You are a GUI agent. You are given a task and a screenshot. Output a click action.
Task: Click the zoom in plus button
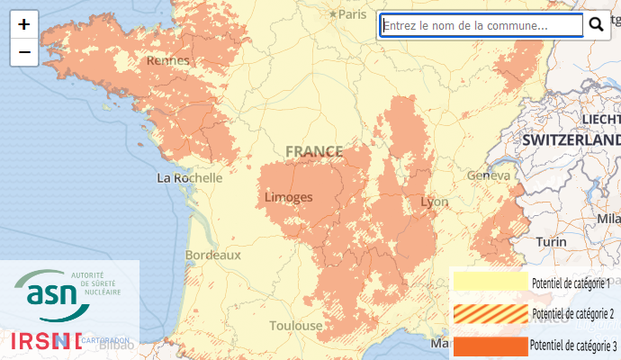(x=23, y=25)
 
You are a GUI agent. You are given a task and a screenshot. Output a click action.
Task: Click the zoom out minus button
(x=23, y=52)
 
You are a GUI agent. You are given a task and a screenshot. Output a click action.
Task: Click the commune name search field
(x=481, y=26)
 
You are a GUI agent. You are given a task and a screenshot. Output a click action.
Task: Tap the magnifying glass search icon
(x=596, y=25)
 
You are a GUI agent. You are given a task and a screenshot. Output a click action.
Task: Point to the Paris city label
(x=352, y=14)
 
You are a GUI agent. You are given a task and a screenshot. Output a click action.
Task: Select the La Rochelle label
(x=190, y=178)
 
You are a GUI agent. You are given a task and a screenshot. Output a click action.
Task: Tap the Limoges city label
(x=289, y=197)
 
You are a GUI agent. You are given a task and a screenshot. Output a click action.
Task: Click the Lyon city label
(x=434, y=202)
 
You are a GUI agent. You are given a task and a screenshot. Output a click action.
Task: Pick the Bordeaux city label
(x=212, y=256)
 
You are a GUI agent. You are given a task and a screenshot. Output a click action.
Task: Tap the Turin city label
(x=551, y=242)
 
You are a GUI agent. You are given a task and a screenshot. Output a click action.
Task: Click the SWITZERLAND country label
(x=571, y=141)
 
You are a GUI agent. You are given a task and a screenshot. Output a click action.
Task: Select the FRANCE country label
(x=314, y=151)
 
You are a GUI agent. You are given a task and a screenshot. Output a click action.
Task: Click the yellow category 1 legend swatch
(x=490, y=282)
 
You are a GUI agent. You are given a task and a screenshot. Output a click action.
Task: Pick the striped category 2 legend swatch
(x=490, y=313)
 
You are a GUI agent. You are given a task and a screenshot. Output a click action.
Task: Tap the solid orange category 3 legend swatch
(x=490, y=346)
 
